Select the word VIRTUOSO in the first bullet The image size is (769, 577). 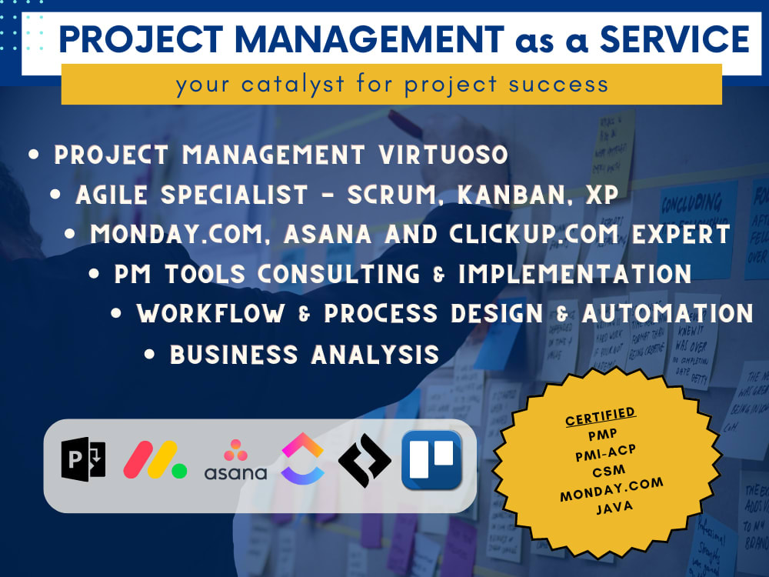tap(443, 155)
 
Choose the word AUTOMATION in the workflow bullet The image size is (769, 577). tap(667, 314)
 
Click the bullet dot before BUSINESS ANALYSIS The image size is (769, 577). tap(151, 354)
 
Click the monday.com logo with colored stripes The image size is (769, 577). tap(155, 462)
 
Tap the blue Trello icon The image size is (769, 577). tap(431, 461)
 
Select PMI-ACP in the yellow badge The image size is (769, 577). tap(601, 454)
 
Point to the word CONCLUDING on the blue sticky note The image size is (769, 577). tap(691, 205)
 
